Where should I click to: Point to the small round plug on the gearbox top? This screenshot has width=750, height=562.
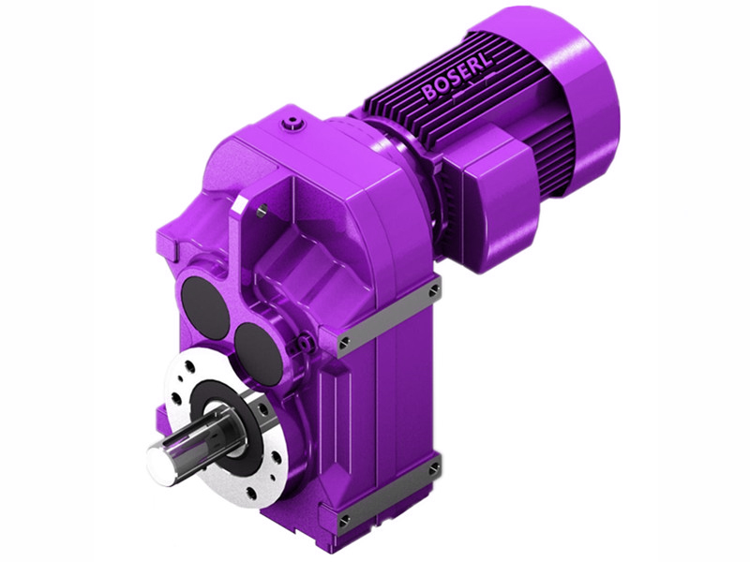pyautogui.click(x=298, y=122)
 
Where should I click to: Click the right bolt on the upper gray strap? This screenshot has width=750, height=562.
pyautogui.click(x=432, y=292)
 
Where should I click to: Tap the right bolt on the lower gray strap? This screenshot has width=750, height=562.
pyautogui.click(x=432, y=467)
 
